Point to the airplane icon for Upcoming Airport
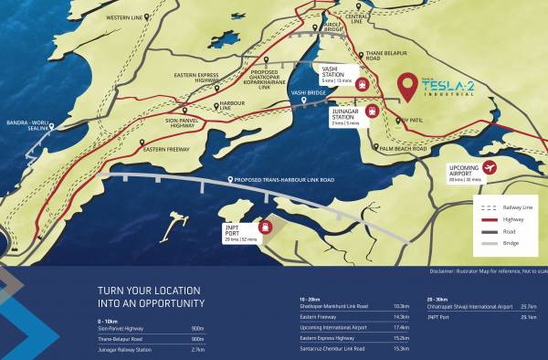click(491, 167)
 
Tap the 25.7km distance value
click(527, 307)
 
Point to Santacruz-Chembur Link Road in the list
click(332, 348)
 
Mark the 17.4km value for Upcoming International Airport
click(399, 327)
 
